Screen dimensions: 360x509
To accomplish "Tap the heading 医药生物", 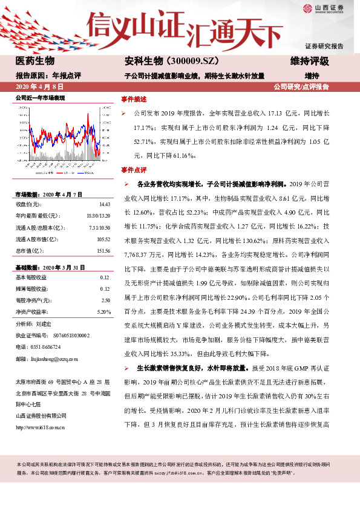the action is point(35,61).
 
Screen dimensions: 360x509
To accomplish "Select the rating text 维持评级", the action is point(309,61).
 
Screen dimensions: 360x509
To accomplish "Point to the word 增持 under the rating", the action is point(312,76).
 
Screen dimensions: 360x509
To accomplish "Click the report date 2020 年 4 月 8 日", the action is point(40,87).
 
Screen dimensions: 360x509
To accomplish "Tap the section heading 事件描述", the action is point(134,98).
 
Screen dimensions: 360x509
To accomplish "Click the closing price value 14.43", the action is point(104,204).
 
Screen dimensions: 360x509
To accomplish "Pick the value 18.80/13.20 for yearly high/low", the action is point(98,216).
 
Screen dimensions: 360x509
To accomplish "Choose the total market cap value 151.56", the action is point(102,250).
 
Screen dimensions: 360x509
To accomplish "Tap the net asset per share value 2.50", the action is point(105,300).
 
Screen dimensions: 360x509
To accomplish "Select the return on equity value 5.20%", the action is point(103,311).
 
